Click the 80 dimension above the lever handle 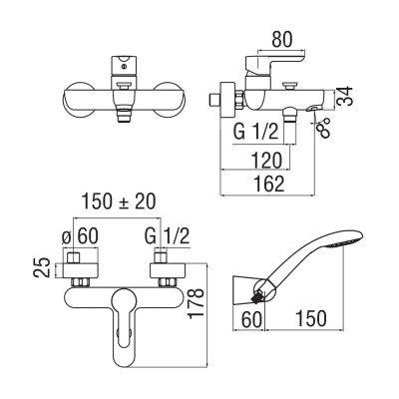click(282, 40)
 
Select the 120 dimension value click(266, 161)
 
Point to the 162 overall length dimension click(268, 184)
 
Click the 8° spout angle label click(324, 127)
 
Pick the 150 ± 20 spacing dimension click(119, 201)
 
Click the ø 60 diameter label click(80, 236)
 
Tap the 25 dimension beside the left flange click(42, 267)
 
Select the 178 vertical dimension click(196, 303)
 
